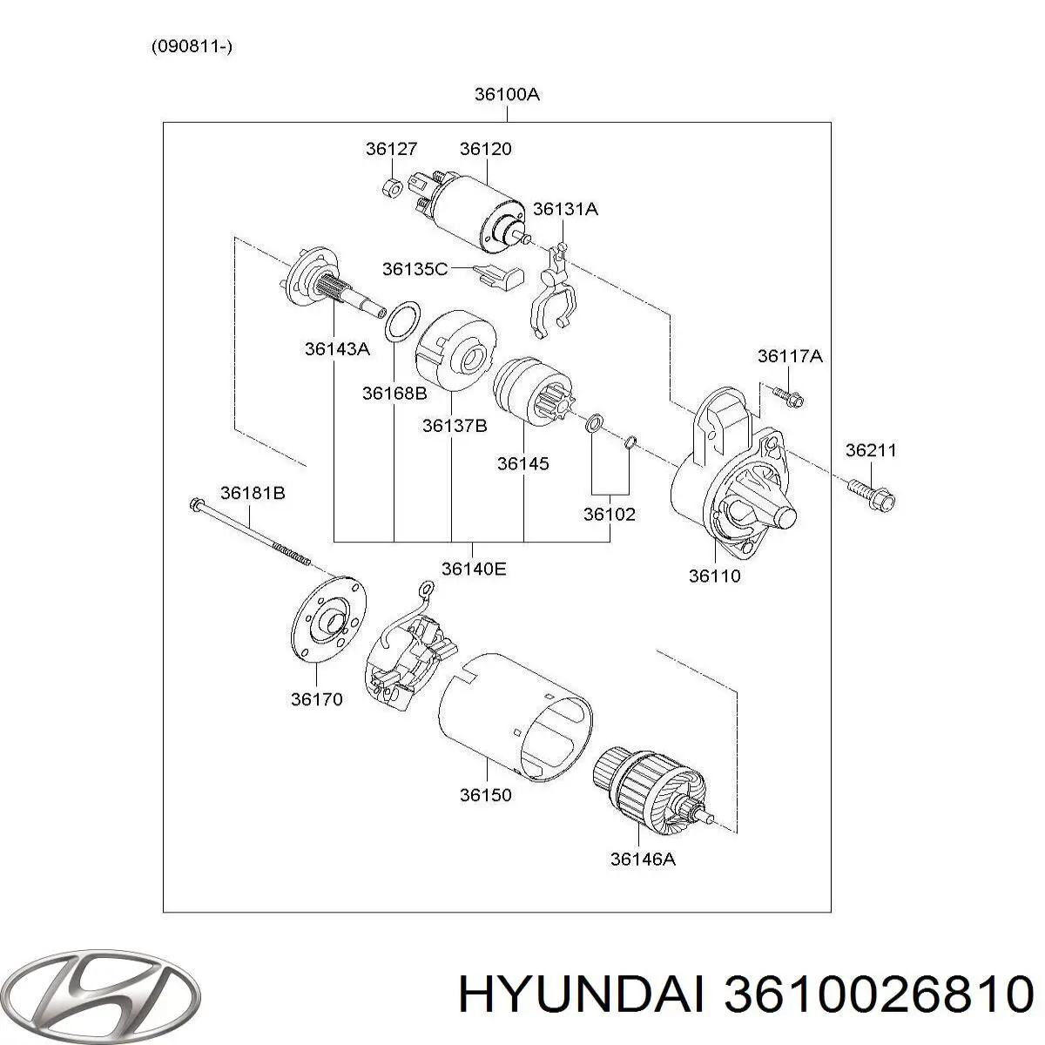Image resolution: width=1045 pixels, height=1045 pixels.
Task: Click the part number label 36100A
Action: pos(507,94)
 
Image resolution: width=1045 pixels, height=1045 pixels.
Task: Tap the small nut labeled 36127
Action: pos(392,185)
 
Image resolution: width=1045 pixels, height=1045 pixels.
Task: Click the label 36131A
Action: pos(565,209)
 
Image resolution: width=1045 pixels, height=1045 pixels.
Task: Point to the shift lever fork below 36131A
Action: pos(552,292)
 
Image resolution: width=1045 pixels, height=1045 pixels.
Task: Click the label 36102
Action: pos(609,514)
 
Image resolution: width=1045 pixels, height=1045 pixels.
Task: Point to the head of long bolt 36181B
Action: pos(196,504)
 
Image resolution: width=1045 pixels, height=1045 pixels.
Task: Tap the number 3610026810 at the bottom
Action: pos(875,994)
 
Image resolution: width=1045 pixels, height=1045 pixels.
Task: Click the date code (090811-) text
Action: pos(192,47)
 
